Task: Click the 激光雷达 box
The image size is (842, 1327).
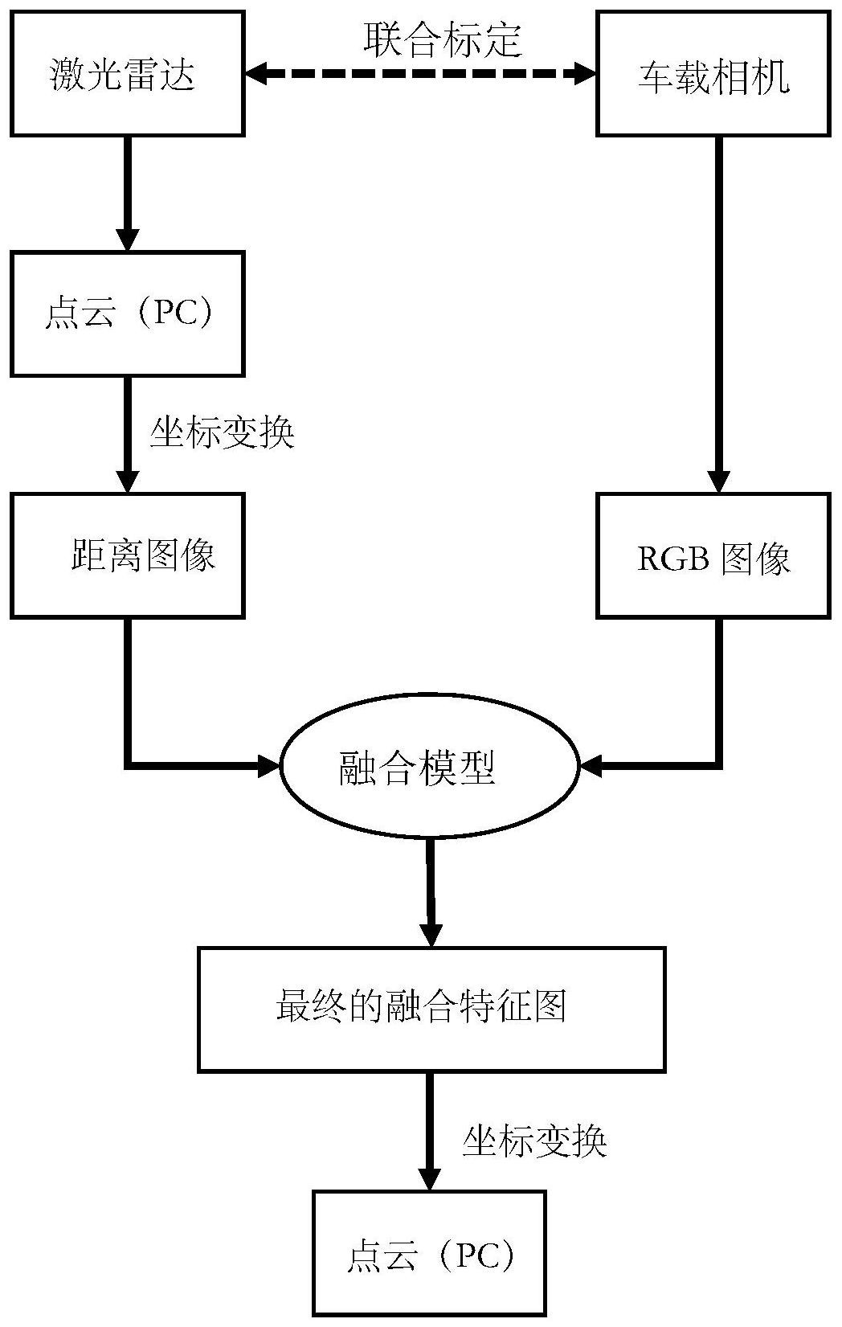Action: click(x=127, y=74)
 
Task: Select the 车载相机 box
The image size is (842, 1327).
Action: click(x=713, y=74)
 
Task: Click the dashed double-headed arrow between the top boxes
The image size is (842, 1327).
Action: click(x=420, y=74)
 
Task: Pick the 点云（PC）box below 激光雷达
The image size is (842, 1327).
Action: click(x=127, y=313)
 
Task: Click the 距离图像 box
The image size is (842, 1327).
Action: click(x=127, y=555)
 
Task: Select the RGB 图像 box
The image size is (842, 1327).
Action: click(x=713, y=555)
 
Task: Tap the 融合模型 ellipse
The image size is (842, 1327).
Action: click(x=429, y=768)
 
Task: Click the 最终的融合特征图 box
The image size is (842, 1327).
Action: click(x=431, y=1009)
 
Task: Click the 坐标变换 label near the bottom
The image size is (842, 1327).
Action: click(x=533, y=1141)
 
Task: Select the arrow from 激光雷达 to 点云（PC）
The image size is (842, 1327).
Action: click(x=127, y=193)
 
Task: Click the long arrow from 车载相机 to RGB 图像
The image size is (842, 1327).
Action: click(x=718, y=313)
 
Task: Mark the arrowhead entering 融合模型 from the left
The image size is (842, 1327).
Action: click(x=268, y=766)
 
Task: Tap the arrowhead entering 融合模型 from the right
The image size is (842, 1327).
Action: click(x=591, y=766)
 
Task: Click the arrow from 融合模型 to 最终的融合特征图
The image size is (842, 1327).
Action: click(x=431, y=892)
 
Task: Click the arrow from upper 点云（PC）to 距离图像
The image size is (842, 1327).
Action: click(x=127, y=434)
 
